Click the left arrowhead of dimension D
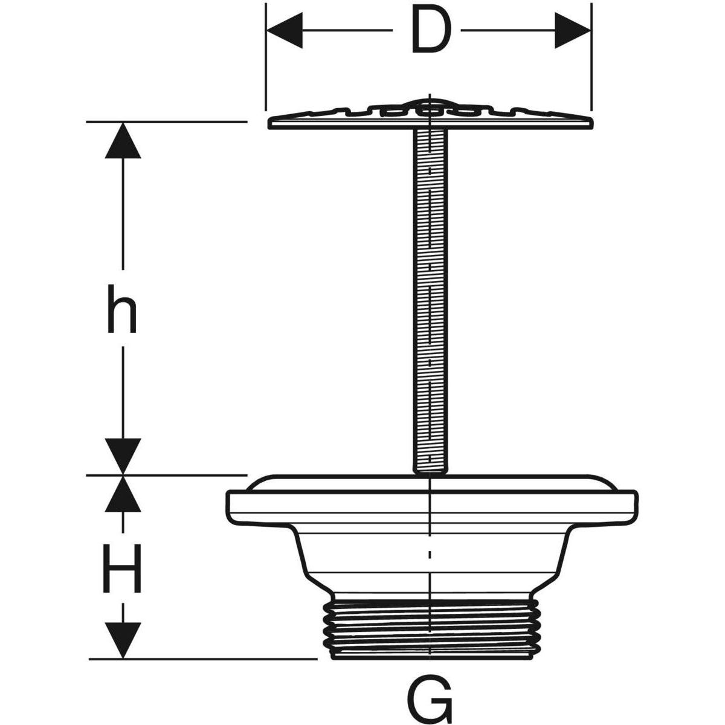[284, 30]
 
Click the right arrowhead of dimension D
[573, 30]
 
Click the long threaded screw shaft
[430, 290]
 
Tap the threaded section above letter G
[430, 628]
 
